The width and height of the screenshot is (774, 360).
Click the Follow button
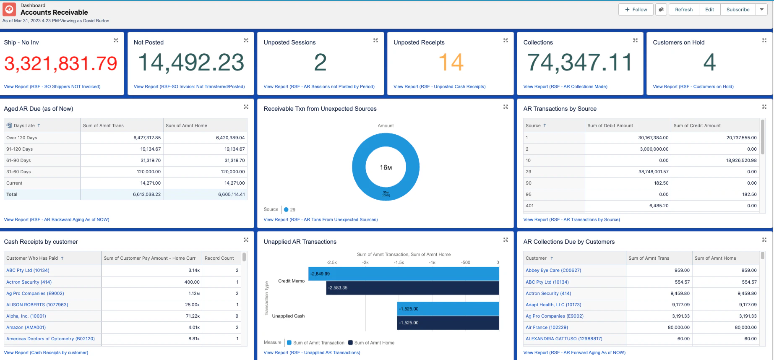click(636, 10)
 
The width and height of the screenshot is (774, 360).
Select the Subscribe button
click(738, 10)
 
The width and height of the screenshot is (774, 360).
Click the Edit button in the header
click(709, 10)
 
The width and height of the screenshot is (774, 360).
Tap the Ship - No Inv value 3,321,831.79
click(61, 63)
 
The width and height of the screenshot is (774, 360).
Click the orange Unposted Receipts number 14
click(451, 63)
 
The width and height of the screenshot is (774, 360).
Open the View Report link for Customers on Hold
click(693, 86)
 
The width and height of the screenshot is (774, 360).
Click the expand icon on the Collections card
click(635, 41)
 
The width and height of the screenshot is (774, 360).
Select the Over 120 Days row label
click(22, 138)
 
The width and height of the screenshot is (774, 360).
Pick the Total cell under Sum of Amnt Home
click(231, 194)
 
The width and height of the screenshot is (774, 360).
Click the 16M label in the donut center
click(386, 167)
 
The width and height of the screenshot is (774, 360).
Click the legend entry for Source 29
click(290, 209)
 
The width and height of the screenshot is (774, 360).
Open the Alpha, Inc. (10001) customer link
click(26, 316)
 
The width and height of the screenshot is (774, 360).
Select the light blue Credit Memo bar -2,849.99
click(404, 274)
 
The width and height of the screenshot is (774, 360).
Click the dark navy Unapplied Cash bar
click(448, 323)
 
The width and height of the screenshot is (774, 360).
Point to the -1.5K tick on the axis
click(399, 262)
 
